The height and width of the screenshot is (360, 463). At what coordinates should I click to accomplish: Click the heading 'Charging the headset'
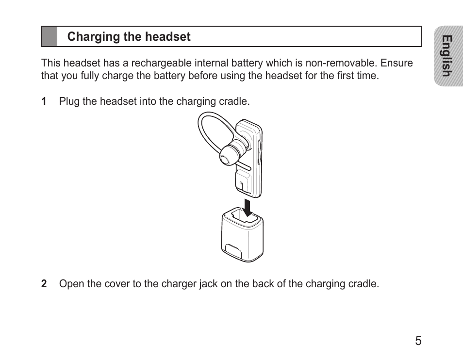pos(129,37)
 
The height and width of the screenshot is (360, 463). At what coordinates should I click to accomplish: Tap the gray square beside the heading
pos(49,37)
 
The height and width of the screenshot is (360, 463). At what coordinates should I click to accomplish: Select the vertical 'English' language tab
pos(448,56)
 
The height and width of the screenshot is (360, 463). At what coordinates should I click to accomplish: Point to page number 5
pos(418,341)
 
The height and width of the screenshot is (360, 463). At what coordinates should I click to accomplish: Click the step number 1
pos(44,101)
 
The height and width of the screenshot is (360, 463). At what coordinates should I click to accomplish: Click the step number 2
pos(44,284)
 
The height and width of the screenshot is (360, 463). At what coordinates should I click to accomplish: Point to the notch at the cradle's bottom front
pos(233,251)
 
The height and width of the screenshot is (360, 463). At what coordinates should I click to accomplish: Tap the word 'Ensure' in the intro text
pos(397,63)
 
